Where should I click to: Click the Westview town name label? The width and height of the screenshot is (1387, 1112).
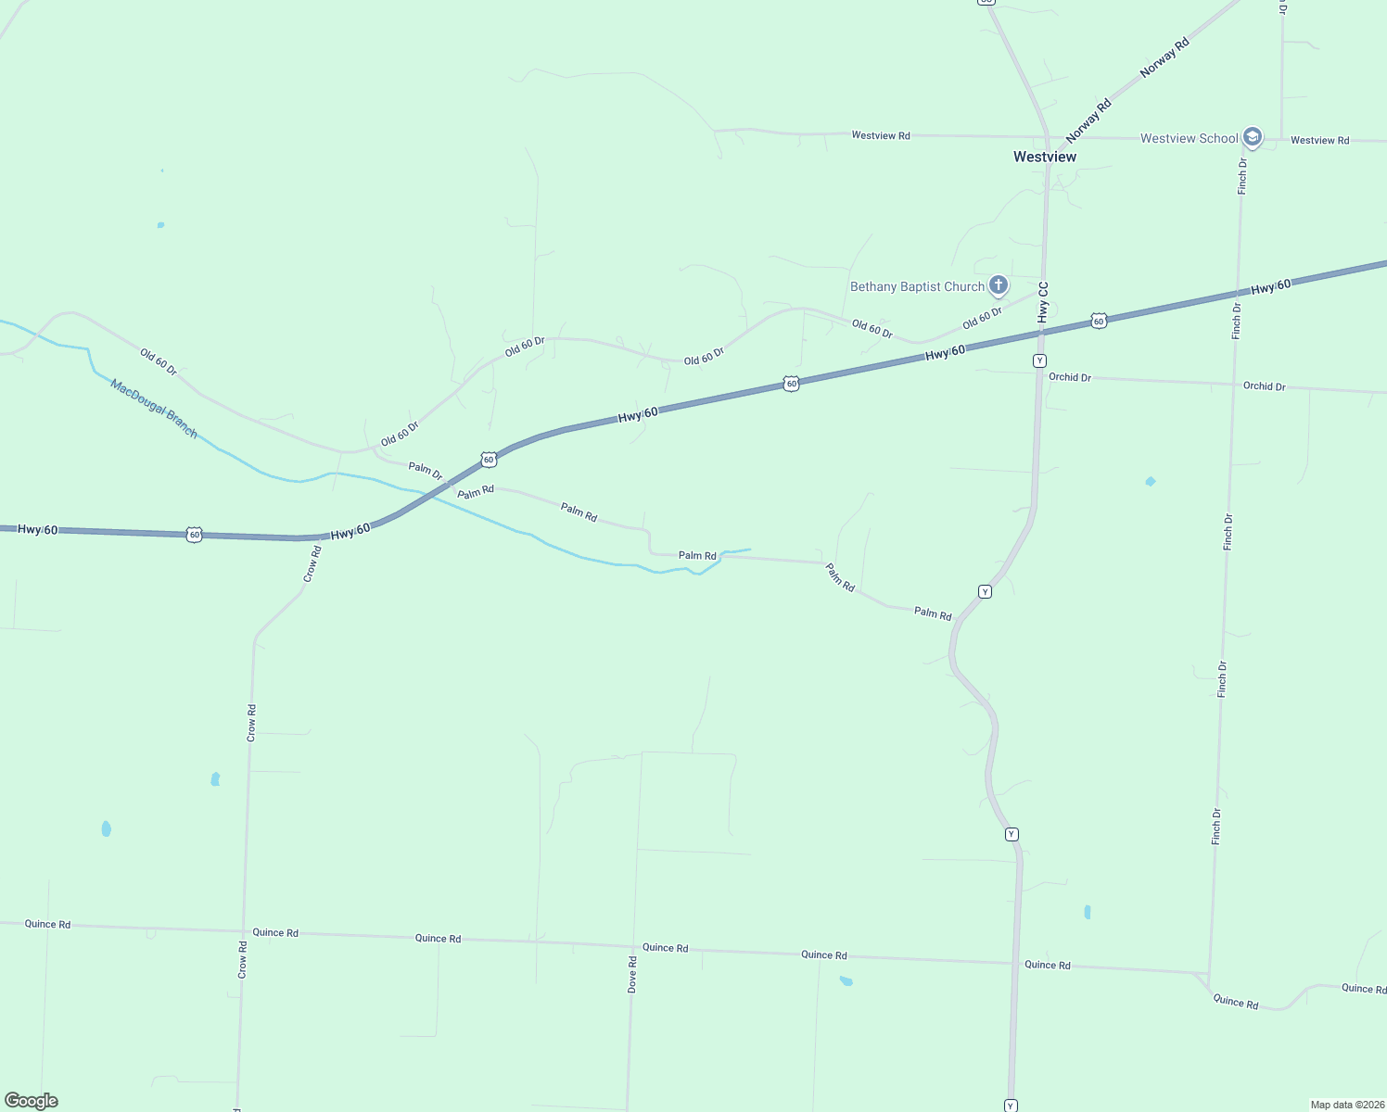point(1045,158)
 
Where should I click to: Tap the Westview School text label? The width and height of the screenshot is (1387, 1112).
point(1189,139)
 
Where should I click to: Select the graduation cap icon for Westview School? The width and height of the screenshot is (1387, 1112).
point(1253,138)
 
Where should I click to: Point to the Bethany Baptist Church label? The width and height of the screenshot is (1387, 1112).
point(917,287)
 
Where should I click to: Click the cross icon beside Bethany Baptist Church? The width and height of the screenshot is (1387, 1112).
point(998,285)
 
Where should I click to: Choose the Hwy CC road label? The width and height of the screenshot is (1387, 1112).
point(1043,302)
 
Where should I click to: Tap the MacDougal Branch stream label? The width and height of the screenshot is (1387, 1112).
point(154,409)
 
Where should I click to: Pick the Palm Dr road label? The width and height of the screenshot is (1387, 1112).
point(426,471)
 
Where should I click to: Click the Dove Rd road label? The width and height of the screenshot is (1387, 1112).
point(632,975)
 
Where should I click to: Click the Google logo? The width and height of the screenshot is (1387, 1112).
point(32,1101)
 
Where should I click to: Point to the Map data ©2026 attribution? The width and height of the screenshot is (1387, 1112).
point(1346,1105)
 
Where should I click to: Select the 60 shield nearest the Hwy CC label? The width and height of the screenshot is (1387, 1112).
point(1099,321)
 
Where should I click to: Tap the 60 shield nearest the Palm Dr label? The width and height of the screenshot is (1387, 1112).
point(489,460)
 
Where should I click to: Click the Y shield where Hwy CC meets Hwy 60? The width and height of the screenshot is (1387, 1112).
point(1040,360)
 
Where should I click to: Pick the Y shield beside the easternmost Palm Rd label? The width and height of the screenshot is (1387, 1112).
point(985,591)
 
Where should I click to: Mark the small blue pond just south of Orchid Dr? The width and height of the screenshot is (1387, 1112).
point(1151,481)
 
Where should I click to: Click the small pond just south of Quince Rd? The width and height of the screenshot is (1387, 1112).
point(846,980)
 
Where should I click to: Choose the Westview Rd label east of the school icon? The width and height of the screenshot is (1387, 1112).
point(1319,141)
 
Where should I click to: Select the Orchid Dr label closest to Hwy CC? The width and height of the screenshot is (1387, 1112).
point(1070,377)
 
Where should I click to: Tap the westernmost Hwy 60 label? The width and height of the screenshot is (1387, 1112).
point(38,529)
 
